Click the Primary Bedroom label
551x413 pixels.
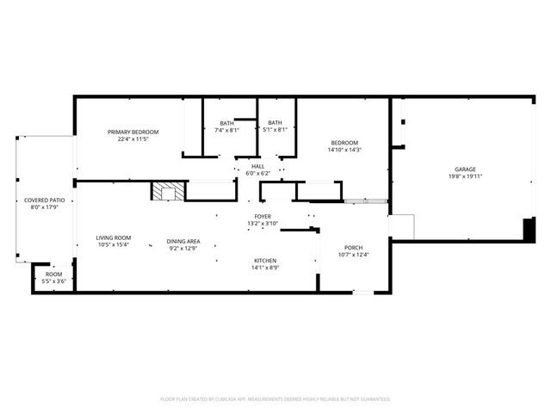click(133, 132)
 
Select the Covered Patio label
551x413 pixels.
click(44, 200)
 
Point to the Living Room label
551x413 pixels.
click(113, 237)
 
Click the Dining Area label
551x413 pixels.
click(183, 241)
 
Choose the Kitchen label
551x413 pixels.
click(264, 260)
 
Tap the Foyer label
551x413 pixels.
click(263, 216)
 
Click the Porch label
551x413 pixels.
click(354, 246)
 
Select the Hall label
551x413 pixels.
click(257, 166)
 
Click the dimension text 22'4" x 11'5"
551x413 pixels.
click(133, 139)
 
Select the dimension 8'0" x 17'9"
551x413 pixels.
click(44, 206)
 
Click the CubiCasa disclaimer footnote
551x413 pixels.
click(275, 399)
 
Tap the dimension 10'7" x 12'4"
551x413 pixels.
click(354, 254)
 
